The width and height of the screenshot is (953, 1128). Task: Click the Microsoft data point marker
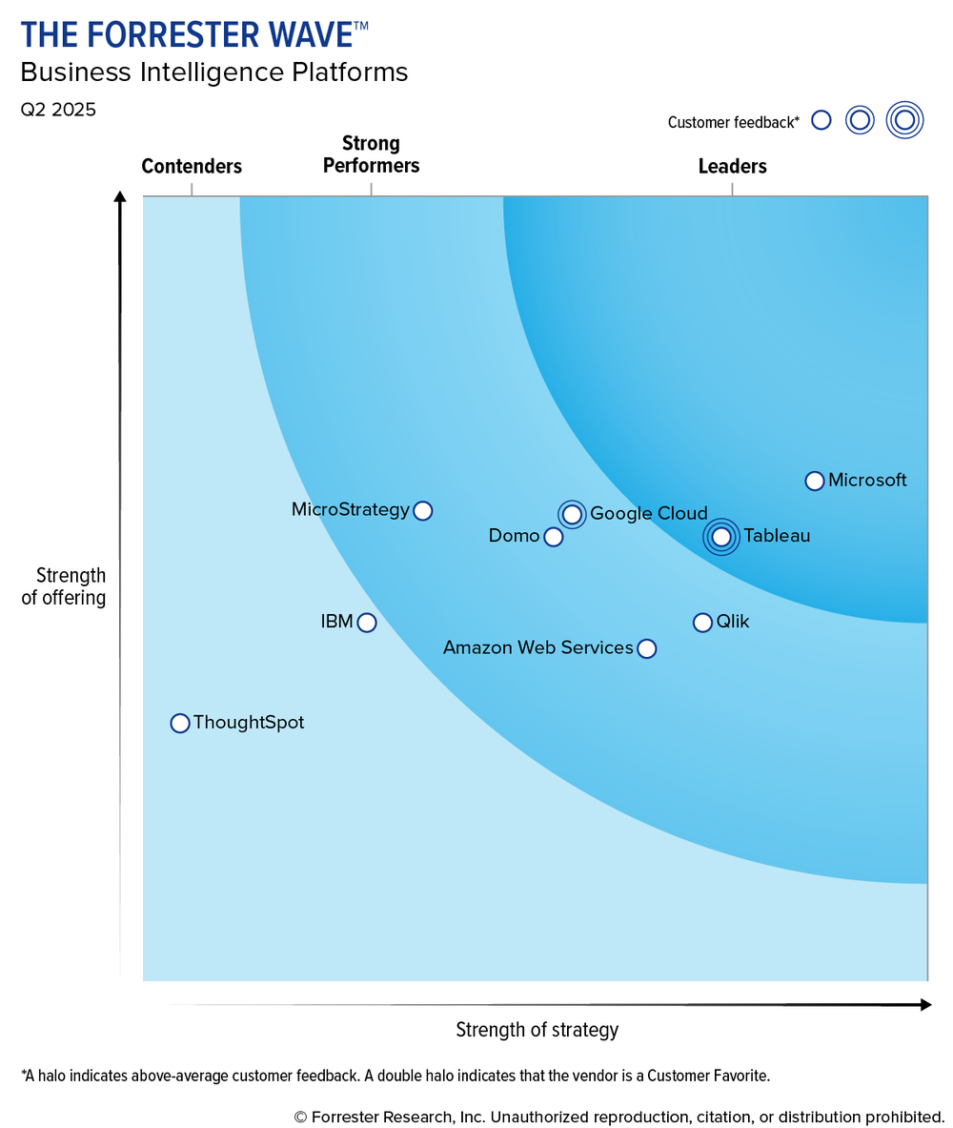coord(814,481)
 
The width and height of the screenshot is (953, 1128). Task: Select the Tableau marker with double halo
coord(721,537)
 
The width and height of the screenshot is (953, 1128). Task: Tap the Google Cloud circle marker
coord(572,515)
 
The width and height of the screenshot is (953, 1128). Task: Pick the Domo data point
coord(554,537)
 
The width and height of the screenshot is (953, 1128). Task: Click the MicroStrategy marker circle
coord(423,511)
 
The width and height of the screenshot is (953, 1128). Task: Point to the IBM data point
coord(367,623)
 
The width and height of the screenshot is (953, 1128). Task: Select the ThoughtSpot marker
coord(180,724)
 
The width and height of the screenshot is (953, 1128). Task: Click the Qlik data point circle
coord(702,623)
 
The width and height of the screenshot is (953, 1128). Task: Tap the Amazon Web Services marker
coord(646,649)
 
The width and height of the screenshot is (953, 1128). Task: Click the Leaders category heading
coord(732,167)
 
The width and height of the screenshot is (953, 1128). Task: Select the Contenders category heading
coord(192,167)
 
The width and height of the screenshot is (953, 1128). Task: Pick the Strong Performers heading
coord(371,154)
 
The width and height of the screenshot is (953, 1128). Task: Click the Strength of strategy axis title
coord(537,1030)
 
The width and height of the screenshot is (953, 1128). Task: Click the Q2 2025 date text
coord(58,110)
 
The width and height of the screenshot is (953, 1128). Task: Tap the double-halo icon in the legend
coord(904,120)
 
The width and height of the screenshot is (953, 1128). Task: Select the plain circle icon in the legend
coord(821,120)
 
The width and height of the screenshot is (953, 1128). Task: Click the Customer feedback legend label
coord(733,122)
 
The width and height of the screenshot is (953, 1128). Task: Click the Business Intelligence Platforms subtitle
coord(214,72)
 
